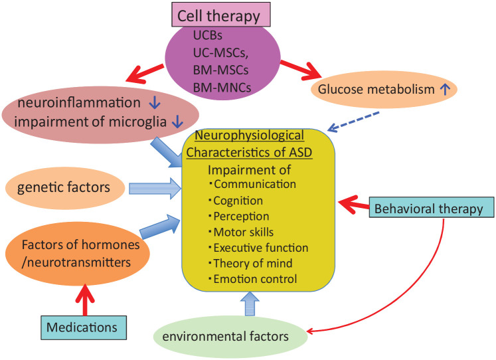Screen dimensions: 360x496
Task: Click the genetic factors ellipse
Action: tap(63, 187)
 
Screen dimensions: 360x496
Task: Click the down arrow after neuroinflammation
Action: tap(154, 103)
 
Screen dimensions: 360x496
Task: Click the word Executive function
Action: tap(260, 248)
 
